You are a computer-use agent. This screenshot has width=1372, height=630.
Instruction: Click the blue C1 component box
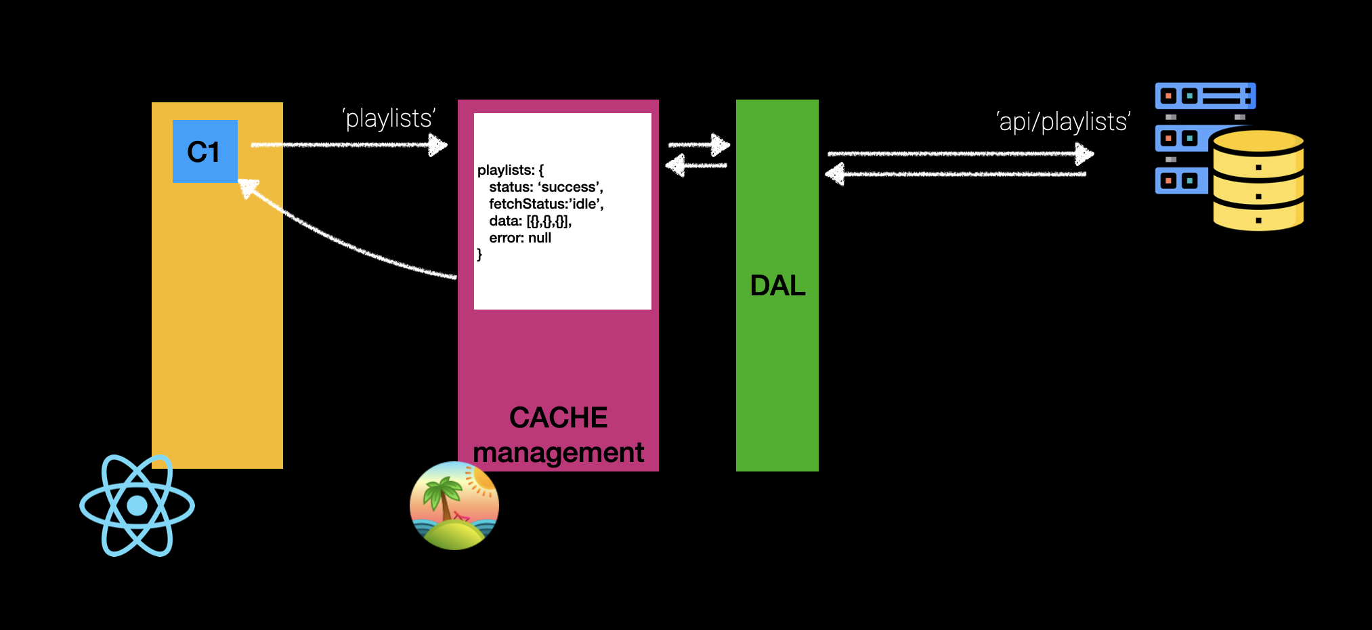(205, 151)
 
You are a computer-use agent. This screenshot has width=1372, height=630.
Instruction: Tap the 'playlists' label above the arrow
(389, 119)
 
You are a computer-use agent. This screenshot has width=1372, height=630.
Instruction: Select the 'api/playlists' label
(1063, 122)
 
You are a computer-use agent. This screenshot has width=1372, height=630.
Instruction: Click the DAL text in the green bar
(777, 285)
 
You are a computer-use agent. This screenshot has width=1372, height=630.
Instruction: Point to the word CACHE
(558, 417)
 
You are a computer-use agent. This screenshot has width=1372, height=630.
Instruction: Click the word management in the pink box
(558, 453)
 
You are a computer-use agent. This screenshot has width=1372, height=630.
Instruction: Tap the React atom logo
(137, 505)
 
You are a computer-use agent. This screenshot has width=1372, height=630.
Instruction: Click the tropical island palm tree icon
(454, 505)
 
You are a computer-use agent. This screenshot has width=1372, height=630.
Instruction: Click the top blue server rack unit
(1205, 96)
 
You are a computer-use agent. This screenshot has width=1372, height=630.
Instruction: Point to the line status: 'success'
(546, 187)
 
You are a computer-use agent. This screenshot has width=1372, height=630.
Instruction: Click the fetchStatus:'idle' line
(546, 204)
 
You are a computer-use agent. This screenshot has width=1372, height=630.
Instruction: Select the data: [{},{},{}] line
(530, 221)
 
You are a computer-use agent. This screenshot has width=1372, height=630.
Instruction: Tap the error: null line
(520, 238)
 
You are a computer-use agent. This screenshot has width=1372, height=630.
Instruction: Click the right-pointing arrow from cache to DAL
(698, 144)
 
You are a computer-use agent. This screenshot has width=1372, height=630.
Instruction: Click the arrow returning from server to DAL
(955, 174)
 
